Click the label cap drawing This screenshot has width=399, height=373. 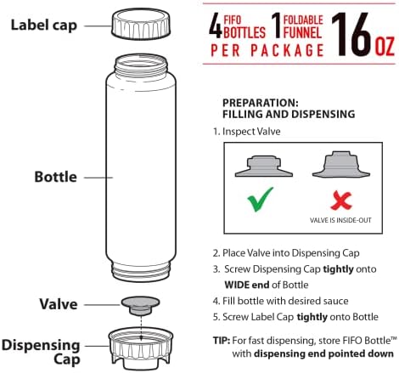[x=141, y=24]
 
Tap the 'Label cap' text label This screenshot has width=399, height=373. [x=44, y=25]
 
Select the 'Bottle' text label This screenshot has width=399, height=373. [x=55, y=177]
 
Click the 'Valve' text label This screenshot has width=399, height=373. [x=59, y=304]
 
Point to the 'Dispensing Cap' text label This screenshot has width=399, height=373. [x=41, y=353]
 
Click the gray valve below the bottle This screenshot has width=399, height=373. [x=141, y=306]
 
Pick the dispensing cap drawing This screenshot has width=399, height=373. [x=141, y=348]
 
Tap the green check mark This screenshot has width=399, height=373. [x=261, y=200]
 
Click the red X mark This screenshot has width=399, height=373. [x=341, y=201]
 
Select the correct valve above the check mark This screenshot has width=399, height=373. [x=264, y=166]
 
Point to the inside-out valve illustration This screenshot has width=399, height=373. [x=341, y=165]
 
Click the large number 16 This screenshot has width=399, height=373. [x=351, y=34]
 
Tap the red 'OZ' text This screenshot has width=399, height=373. [x=385, y=47]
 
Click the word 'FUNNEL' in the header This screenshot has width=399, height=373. [x=302, y=32]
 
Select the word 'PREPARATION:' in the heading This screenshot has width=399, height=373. [x=261, y=103]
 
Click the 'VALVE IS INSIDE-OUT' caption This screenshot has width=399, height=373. [x=340, y=220]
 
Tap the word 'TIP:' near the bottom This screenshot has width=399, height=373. [x=222, y=340]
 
